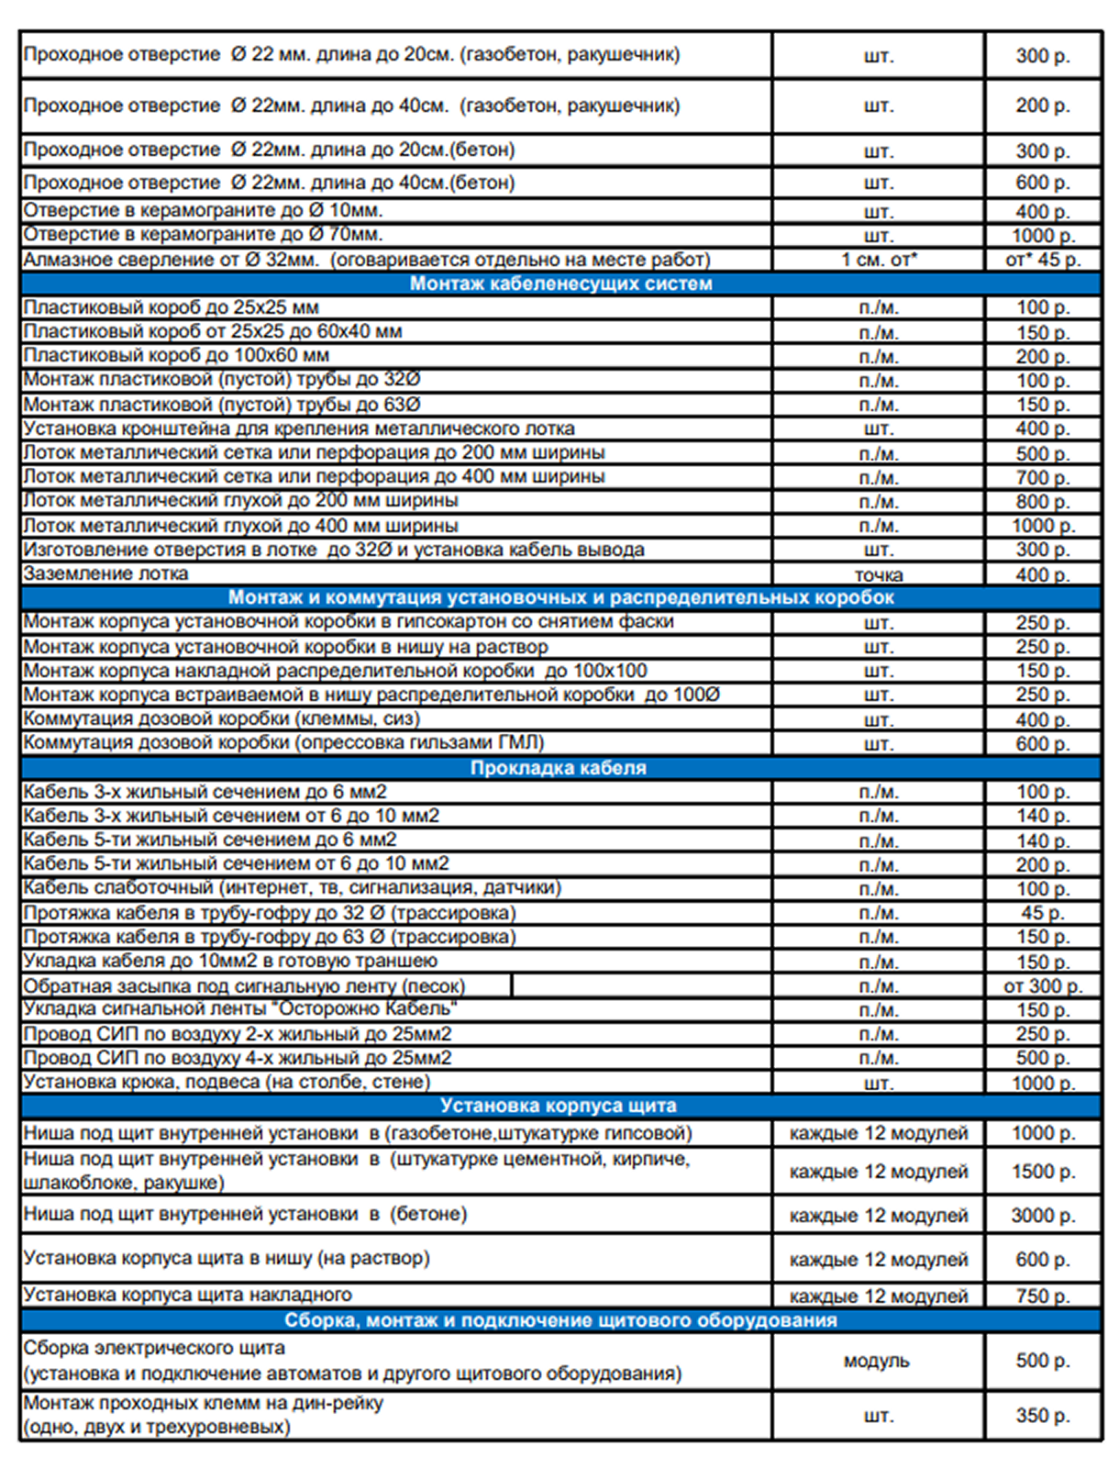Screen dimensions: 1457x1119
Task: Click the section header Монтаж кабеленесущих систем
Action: point(560,284)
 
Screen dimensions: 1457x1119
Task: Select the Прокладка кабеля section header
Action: point(559,768)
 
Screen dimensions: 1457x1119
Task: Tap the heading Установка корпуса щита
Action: point(559,1106)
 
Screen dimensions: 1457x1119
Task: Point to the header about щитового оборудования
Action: point(560,1320)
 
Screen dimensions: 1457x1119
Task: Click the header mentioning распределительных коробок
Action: point(560,597)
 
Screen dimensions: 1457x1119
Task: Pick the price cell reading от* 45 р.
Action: point(1043,260)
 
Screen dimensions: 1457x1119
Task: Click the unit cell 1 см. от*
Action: point(878,260)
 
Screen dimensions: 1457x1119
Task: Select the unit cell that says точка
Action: point(878,575)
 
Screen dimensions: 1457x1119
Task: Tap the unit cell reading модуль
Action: point(877,1361)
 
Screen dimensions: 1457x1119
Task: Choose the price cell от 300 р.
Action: point(1043,986)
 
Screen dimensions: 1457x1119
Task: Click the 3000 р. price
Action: point(1043,1216)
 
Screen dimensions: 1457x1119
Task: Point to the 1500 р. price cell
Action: point(1043,1172)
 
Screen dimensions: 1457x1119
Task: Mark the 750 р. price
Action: point(1043,1296)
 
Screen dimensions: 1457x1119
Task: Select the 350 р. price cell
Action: point(1043,1416)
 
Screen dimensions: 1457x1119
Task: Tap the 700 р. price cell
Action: point(1043,477)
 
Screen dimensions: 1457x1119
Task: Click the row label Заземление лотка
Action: point(105,573)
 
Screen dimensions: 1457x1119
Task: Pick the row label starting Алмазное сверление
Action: point(367,260)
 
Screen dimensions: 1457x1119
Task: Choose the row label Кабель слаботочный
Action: point(292,887)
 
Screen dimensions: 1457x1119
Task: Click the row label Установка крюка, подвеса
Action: point(227,1082)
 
